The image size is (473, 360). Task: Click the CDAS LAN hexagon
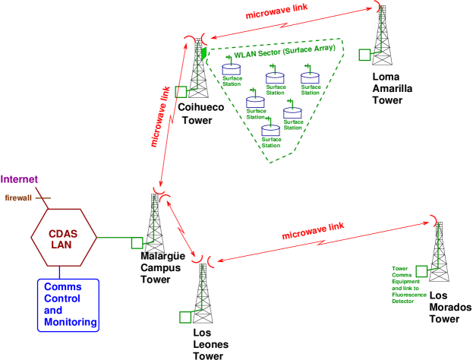click(x=64, y=238)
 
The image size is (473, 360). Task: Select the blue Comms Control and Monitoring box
click(x=68, y=305)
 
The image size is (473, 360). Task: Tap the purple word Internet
click(x=19, y=180)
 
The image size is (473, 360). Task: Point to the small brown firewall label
click(x=18, y=197)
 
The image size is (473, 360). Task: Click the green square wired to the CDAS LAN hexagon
click(x=137, y=243)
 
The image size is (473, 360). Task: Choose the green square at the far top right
click(x=364, y=55)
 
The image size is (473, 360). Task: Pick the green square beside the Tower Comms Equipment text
click(x=421, y=270)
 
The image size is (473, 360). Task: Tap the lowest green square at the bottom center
click(x=185, y=317)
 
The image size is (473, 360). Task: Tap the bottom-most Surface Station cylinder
click(x=271, y=131)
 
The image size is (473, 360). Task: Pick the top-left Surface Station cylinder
click(x=231, y=70)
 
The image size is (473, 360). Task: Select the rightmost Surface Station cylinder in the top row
click(x=310, y=77)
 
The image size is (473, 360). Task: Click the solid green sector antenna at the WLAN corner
click(x=204, y=52)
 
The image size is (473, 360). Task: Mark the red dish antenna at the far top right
click(x=377, y=7)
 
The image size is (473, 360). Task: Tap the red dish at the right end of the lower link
click(x=435, y=220)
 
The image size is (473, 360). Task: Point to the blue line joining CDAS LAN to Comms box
click(x=60, y=272)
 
